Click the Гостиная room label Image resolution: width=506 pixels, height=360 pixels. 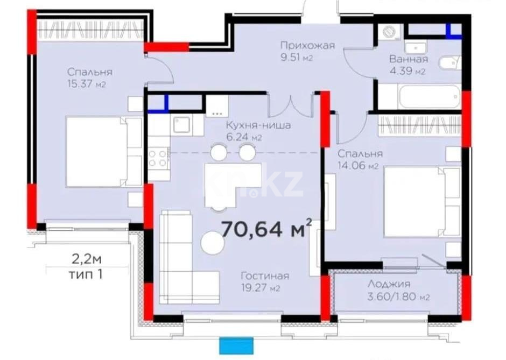click(264, 276)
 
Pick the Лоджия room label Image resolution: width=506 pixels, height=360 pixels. click(389, 284)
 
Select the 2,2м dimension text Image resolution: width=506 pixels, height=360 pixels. click(87, 260)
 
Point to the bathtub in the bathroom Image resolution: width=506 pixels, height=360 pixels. click(419, 98)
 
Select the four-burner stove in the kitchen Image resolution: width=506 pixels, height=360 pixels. click(158, 158)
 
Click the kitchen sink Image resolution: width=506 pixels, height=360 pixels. click(180, 125)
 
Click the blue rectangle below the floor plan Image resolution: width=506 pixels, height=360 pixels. click(236, 345)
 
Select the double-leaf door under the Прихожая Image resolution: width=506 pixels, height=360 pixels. click(291, 107)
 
